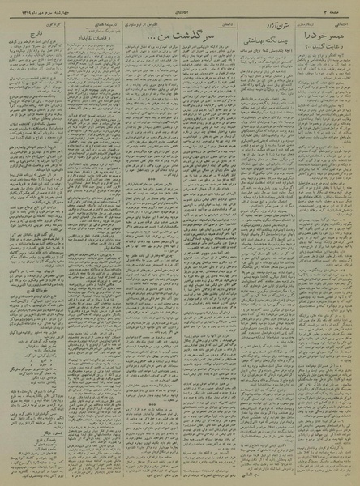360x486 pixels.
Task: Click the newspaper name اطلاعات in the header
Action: point(179,8)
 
